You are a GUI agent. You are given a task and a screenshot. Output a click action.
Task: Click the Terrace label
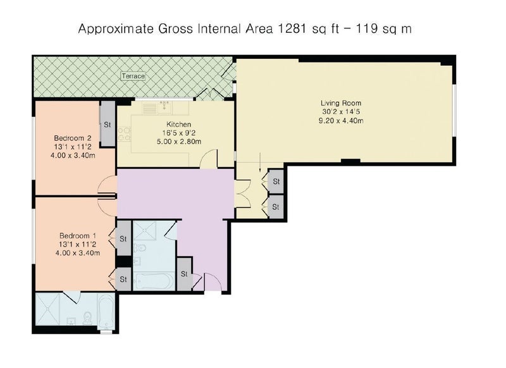pos(133,76)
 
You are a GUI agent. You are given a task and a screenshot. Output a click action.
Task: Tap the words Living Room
pos(341,103)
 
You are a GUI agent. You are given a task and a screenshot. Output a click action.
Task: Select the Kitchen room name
pos(179,124)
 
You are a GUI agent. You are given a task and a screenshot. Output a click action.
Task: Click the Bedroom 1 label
pos(77,236)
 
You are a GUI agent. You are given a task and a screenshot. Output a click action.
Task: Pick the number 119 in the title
pos(367,28)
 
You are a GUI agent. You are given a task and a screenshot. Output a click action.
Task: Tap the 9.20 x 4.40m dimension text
pos(341,121)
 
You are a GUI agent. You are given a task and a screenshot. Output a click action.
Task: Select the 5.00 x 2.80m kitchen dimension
pos(179,142)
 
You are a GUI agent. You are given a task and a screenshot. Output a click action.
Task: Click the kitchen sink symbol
pos(165,107)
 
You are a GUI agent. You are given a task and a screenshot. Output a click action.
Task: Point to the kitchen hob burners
pos(125,135)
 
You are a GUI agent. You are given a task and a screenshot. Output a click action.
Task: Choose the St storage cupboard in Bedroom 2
pos(107,124)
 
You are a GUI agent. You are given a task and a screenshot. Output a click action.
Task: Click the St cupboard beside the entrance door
pos(185,274)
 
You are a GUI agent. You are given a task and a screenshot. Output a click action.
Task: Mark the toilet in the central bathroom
pos(139,248)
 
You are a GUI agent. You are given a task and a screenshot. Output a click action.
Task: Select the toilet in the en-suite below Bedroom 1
pos(87,317)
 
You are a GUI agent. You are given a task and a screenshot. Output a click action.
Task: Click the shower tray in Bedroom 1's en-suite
pos(48,309)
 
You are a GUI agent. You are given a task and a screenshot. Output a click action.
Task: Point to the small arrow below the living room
pos(260,163)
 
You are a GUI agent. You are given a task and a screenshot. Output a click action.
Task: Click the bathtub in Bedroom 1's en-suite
pos(106,311)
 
